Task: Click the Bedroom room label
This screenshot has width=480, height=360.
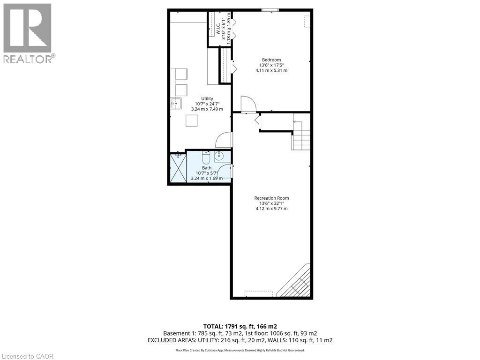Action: pos(271,60)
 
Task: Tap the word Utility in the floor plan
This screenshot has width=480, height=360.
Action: pos(207,98)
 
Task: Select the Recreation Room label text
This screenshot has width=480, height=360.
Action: pos(271,198)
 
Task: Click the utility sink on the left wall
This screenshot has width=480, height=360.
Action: pos(176,104)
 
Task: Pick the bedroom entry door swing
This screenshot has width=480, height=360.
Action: pos(247,104)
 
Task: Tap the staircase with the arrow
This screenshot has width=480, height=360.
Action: pos(300,136)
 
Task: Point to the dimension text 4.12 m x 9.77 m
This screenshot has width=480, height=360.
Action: pos(271,209)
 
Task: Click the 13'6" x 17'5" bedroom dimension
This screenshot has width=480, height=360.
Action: pos(271,65)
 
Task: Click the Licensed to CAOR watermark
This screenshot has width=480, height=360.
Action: pos(27,356)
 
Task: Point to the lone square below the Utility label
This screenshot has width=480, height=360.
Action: pos(192,121)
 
